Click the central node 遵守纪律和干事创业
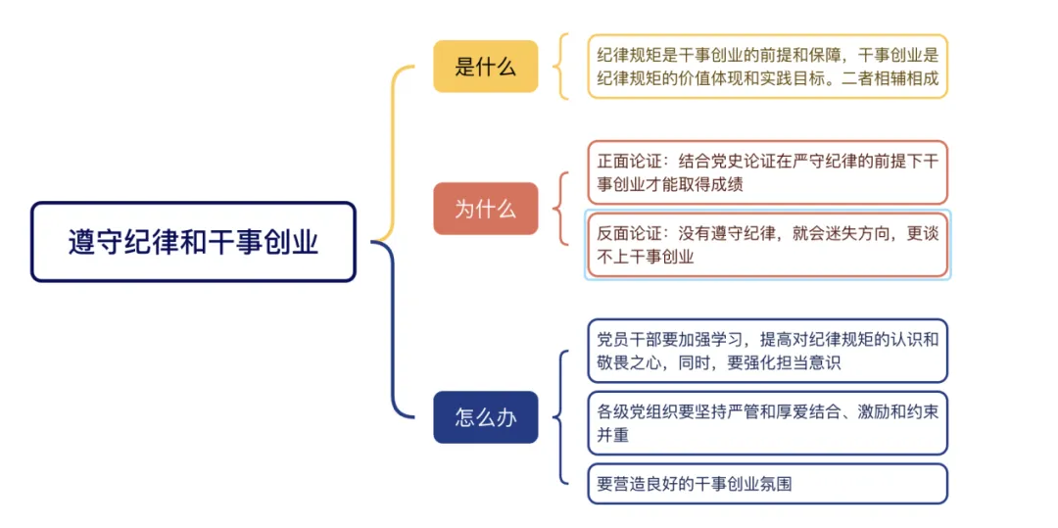point(193,242)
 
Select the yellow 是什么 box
point(485,67)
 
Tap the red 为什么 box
point(485,209)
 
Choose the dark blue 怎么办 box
point(485,417)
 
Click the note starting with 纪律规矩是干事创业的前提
point(767,67)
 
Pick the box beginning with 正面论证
point(767,171)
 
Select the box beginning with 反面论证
point(767,245)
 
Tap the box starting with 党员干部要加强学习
point(767,351)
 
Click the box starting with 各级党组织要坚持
point(767,423)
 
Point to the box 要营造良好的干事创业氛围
point(767,484)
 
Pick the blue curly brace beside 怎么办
point(559,417)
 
